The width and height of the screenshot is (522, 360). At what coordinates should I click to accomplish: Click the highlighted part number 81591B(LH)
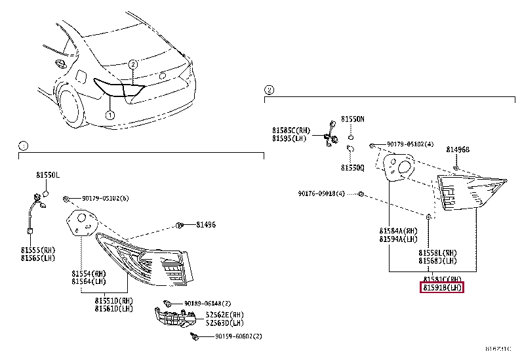click(442, 287)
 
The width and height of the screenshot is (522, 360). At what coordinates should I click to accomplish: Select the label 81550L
click(47, 176)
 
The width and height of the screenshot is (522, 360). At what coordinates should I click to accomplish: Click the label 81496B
click(458, 149)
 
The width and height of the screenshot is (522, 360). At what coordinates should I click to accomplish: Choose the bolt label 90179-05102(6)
click(105, 198)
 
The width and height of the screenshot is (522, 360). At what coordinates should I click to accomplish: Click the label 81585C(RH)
click(291, 130)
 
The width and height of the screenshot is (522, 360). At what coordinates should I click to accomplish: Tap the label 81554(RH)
click(89, 273)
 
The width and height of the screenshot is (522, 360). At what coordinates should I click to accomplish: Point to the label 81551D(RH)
click(113, 301)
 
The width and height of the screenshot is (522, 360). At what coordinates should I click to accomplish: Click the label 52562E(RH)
click(224, 315)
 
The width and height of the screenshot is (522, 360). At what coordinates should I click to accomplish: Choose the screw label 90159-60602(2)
click(238, 337)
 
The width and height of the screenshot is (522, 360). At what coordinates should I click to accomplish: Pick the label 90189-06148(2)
click(207, 304)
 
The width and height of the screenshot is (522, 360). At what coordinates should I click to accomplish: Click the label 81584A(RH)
click(398, 231)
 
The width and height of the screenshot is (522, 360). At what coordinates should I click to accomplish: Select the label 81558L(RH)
click(438, 253)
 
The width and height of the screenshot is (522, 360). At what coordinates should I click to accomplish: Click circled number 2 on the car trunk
click(132, 64)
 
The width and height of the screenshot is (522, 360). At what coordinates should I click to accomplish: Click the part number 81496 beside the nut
click(205, 225)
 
